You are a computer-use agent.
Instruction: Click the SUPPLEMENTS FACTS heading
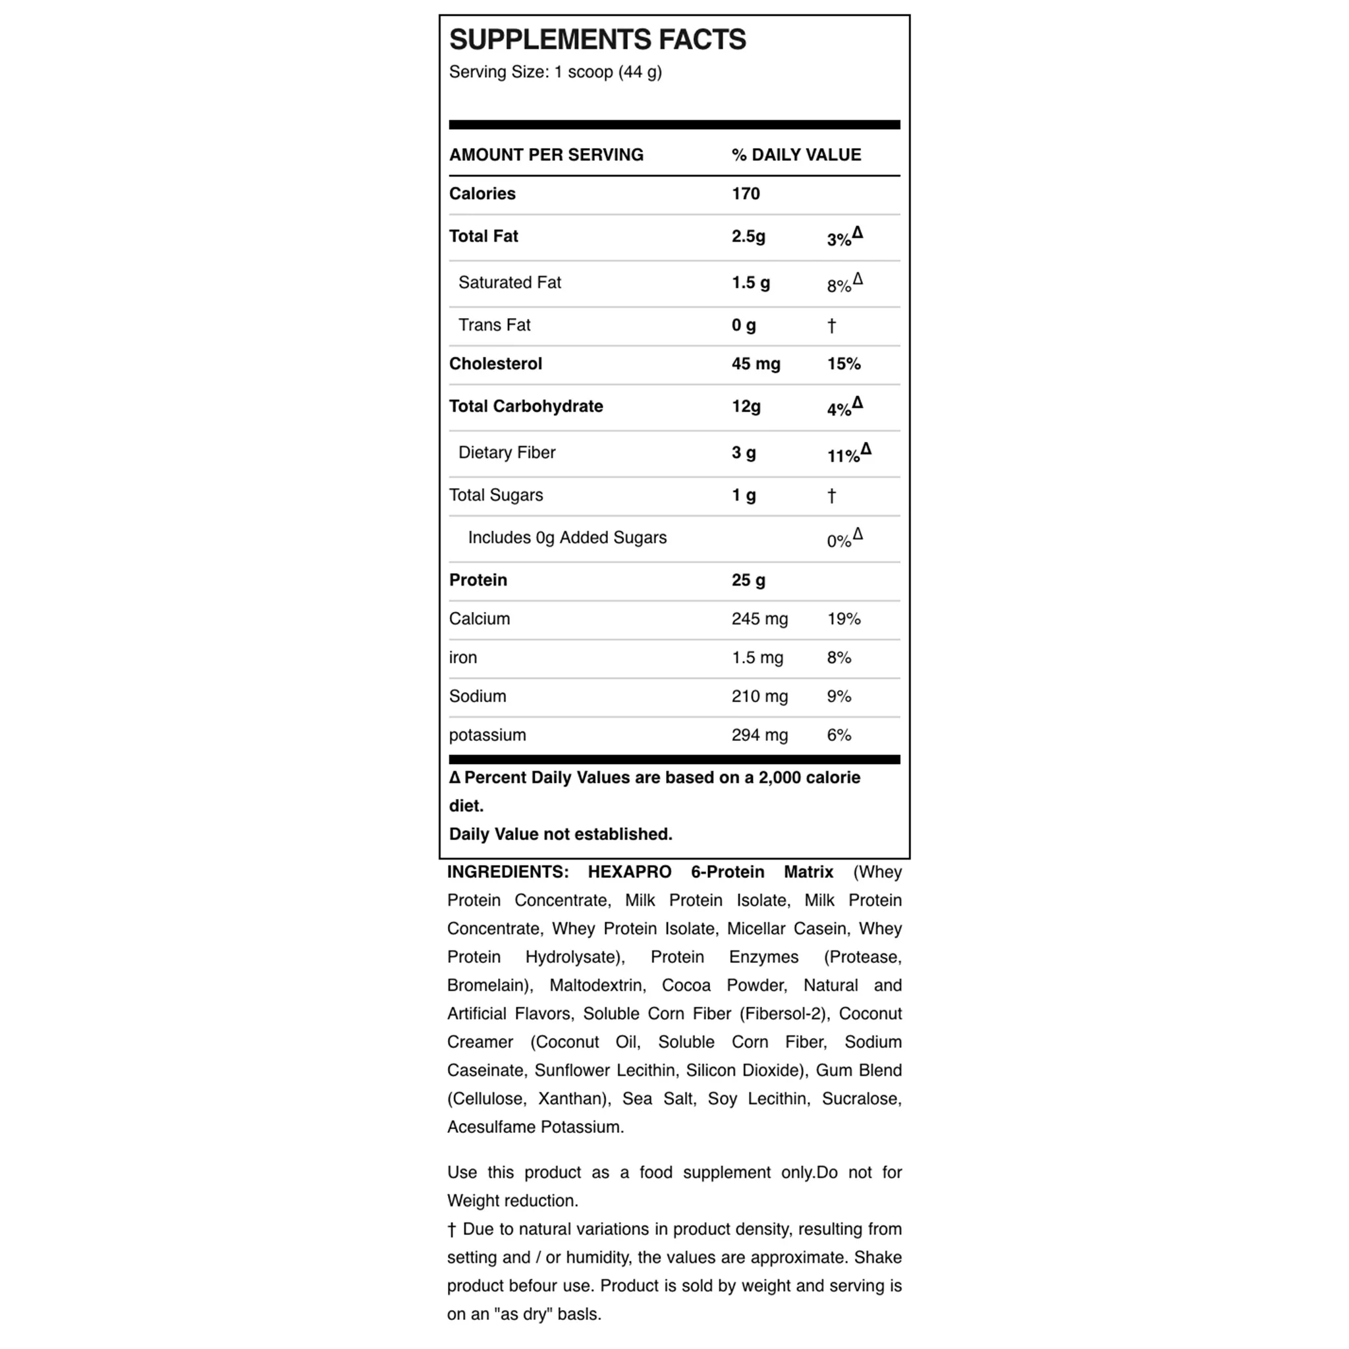click(597, 40)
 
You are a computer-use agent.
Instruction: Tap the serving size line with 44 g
click(555, 72)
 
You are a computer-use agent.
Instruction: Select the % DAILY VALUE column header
click(796, 155)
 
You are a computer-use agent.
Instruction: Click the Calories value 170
click(746, 194)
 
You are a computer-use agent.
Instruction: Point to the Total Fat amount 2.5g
click(748, 236)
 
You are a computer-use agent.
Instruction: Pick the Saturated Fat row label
click(510, 283)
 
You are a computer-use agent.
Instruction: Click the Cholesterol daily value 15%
click(844, 364)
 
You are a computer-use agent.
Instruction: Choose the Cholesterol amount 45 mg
click(756, 364)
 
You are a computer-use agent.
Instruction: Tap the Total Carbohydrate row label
click(526, 406)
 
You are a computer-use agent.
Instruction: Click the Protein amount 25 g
click(748, 580)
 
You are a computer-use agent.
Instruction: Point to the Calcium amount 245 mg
click(759, 619)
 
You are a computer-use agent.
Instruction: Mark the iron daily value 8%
click(839, 658)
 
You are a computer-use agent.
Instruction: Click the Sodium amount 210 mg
click(759, 697)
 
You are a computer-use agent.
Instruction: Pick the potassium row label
click(487, 735)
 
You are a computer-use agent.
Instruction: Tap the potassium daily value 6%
click(839, 735)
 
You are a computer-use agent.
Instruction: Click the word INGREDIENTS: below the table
click(508, 872)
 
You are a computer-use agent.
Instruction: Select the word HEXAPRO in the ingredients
click(629, 872)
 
